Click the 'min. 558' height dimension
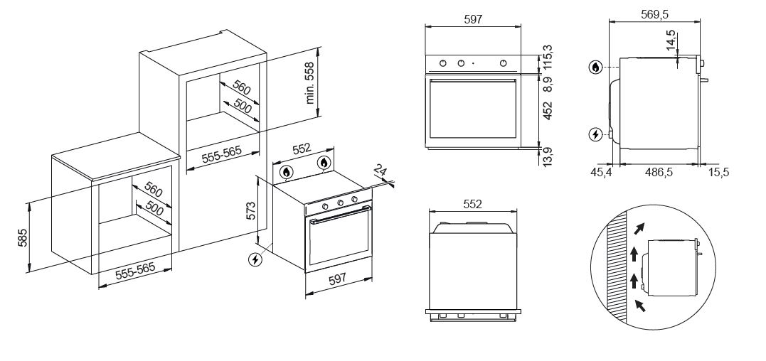click(310, 84)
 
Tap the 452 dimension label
click(547, 109)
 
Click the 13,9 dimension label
click(547, 154)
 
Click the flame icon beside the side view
click(595, 68)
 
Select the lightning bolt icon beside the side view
click(595, 134)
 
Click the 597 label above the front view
click(473, 20)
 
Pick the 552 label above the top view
click(473, 204)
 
